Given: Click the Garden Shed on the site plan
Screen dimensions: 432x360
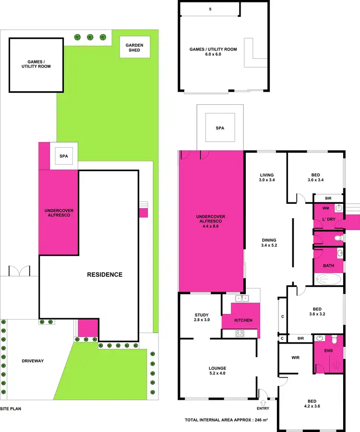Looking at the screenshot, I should pyautogui.click(x=134, y=48).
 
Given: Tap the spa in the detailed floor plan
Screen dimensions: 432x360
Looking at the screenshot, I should pyautogui.click(x=220, y=128).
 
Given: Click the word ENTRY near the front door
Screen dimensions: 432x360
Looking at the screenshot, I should pyautogui.click(x=263, y=408).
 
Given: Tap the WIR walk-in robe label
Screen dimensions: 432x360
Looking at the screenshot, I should pyautogui.click(x=296, y=358).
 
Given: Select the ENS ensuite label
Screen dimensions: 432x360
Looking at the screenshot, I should pyautogui.click(x=329, y=351).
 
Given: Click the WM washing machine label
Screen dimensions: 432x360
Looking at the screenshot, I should pyautogui.click(x=325, y=209).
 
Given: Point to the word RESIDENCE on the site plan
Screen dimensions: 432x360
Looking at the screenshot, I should pyautogui.click(x=105, y=275).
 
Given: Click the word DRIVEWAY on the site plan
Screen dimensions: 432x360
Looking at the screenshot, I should pyautogui.click(x=33, y=360).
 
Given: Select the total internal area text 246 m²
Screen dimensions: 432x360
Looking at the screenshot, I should pyautogui.click(x=226, y=420).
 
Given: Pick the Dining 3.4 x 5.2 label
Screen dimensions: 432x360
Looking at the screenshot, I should pyautogui.click(x=269, y=243).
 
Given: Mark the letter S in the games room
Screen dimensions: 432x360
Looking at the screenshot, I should pyautogui.click(x=210, y=9).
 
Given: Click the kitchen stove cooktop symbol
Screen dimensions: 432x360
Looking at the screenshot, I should pyautogui.click(x=240, y=333).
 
